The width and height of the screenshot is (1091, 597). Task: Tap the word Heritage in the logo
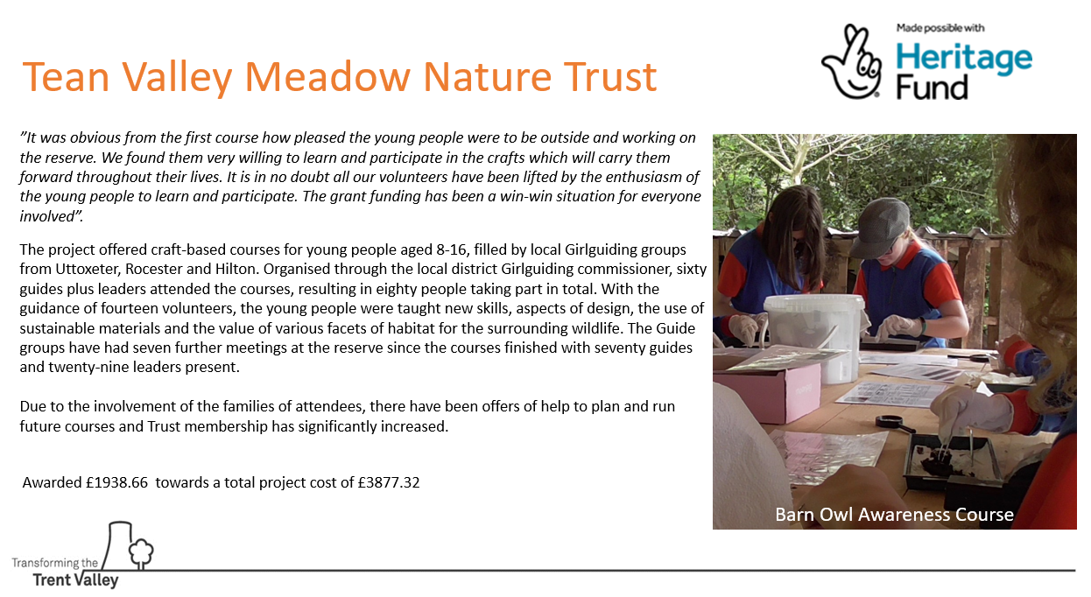point(964,59)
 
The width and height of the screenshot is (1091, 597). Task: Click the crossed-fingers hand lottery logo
point(852,61)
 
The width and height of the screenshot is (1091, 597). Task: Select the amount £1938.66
point(117,482)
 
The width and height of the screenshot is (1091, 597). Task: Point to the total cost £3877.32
point(389,482)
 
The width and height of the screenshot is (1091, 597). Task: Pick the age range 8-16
point(453,249)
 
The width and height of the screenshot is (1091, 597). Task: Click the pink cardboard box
point(769,391)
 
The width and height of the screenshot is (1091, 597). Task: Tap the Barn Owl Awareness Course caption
point(894,514)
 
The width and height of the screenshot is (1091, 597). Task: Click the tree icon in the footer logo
point(141,553)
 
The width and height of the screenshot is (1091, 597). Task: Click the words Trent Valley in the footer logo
point(75,580)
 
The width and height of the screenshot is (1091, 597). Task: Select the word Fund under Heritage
point(932,88)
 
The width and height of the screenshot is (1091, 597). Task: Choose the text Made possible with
point(940,28)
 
